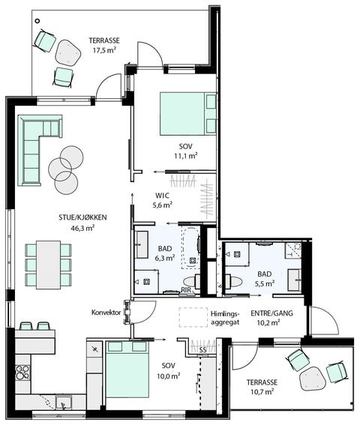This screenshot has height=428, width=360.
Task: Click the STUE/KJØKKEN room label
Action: point(82,217)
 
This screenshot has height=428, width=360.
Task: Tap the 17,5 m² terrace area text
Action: point(104,50)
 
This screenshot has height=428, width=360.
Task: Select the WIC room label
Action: point(162,196)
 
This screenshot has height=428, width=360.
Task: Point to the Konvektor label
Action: point(106,313)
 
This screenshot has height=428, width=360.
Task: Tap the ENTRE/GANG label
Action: point(271,313)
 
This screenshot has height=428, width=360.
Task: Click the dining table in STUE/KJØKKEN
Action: point(48,265)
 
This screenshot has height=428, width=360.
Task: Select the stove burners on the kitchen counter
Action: point(22,373)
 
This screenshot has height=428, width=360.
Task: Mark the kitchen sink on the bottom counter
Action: point(64,403)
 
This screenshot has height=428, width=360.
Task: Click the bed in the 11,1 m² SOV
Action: point(188,113)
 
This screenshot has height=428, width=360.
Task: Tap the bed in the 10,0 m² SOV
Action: point(127,369)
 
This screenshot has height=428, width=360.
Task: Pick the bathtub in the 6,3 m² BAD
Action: point(191,247)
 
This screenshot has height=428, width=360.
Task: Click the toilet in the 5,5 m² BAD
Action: point(233,282)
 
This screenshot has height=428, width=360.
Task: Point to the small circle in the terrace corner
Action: point(37,21)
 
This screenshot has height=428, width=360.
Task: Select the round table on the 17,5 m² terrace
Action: point(67,53)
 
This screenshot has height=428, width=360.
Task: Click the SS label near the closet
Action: point(202,350)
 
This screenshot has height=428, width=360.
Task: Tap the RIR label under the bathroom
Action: point(186,290)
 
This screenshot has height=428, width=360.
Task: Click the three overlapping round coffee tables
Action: point(66,170)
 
